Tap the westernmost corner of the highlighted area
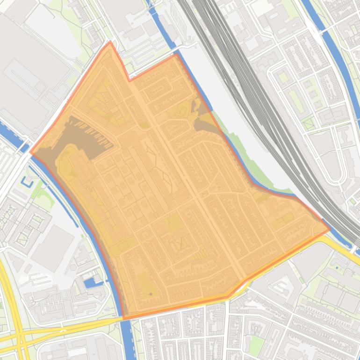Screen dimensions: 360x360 [x=31, y=152]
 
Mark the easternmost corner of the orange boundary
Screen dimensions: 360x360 [x=329, y=230]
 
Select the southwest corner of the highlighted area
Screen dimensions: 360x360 [x=124, y=318]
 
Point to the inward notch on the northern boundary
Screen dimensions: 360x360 [x=130, y=80]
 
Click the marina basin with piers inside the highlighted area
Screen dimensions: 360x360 [x=89, y=136]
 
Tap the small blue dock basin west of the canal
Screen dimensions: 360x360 [x=90, y=282]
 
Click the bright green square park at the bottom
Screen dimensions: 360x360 [x=256, y=345]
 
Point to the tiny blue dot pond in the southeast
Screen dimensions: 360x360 [x=337, y=268]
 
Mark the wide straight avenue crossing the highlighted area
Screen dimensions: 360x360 [x=187, y=173]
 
